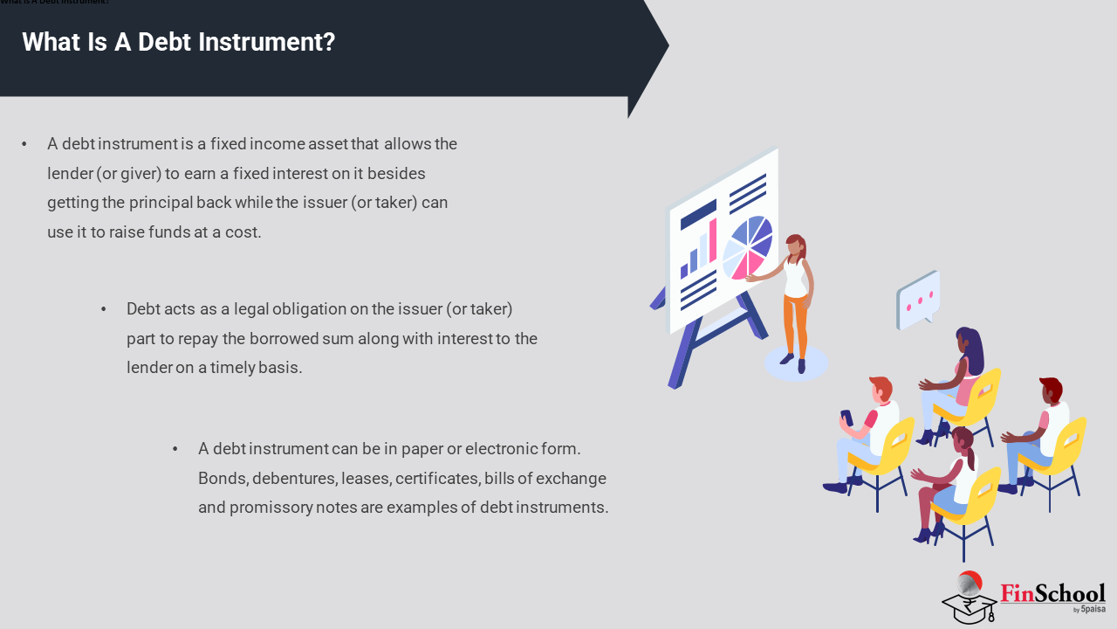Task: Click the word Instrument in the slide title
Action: point(266,41)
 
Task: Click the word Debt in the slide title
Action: point(165,41)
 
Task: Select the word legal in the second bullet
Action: point(250,309)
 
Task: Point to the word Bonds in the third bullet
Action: point(223,478)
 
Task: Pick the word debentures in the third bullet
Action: point(295,478)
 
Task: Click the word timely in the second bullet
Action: point(233,368)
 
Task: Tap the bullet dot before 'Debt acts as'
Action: point(104,309)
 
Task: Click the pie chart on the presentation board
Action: point(748,246)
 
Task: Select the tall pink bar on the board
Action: point(713,241)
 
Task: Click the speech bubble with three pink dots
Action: point(918,300)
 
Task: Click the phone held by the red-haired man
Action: point(846,418)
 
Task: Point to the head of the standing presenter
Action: point(795,245)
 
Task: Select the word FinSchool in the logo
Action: point(1052,593)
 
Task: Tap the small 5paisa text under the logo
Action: point(1093,609)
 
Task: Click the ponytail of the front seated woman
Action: point(970,457)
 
